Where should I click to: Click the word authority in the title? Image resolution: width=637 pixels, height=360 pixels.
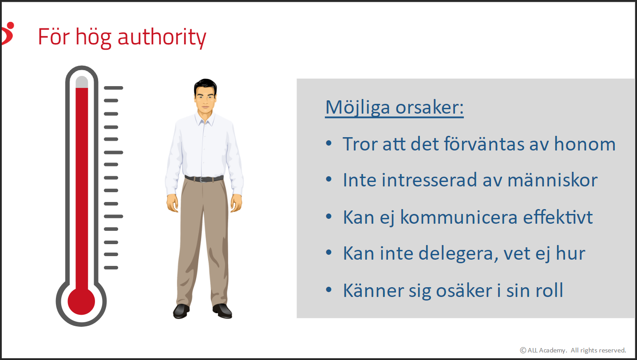click(162, 38)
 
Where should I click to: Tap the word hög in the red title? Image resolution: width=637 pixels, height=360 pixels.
click(93, 38)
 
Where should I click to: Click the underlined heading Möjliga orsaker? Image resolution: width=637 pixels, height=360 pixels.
click(395, 108)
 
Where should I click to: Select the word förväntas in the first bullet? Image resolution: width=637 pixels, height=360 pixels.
click(484, 144)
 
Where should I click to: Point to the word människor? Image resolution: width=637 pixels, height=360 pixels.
click(553, 180)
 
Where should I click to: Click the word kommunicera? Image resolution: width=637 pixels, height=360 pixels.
click(459, 218)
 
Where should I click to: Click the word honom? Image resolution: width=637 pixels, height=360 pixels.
click(585, 144)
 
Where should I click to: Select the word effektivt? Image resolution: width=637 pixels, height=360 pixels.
click(558, 218)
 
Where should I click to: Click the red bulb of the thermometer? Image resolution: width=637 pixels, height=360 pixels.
click(81, 301)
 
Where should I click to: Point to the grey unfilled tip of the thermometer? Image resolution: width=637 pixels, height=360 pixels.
click(82, 82)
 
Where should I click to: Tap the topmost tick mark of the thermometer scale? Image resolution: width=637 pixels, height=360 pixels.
click(114, 88)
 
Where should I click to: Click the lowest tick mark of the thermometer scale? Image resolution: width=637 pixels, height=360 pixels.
click(111, 268)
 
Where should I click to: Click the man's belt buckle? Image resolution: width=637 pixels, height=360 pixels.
click(202, 180)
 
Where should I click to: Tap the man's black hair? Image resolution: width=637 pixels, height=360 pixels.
click(206, 87)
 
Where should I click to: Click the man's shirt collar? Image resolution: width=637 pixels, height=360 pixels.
click(205, 119)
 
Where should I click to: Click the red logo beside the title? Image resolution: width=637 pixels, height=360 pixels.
click(8, 33)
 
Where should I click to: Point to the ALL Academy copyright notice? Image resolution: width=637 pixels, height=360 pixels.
click(573, 350)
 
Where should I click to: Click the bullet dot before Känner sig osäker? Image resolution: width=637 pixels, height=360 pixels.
click(329, 290)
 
